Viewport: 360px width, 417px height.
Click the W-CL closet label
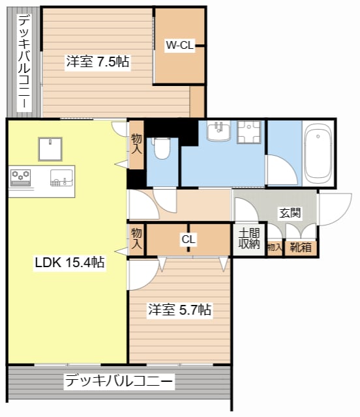point(180,45)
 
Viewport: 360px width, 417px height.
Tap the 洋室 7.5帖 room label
point(98,61)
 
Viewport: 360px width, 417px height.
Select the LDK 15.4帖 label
point(70,262)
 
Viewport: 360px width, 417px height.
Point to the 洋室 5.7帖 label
point(180,309)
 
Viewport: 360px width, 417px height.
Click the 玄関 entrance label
point(290,213)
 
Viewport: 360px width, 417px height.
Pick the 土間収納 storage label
point(249,239)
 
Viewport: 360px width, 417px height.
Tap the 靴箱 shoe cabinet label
point(301,248)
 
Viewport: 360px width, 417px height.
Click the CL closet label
point(188,239)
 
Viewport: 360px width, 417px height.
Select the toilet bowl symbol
point(162,149)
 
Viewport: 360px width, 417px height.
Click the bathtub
point(318,154)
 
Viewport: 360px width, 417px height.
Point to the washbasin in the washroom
point(218,130)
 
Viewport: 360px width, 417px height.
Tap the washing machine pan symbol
point(249,132)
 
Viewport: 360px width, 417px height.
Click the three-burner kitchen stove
point(20,178)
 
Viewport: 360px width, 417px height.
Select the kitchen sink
point(61,178)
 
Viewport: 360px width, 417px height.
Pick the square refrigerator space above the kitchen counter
point(50,149)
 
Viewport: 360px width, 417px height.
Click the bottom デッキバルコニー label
point(119,381)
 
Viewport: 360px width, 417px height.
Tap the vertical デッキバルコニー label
point(24,63)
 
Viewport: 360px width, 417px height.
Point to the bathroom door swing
point(282,170)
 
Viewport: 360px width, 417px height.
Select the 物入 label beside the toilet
point(136,144)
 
